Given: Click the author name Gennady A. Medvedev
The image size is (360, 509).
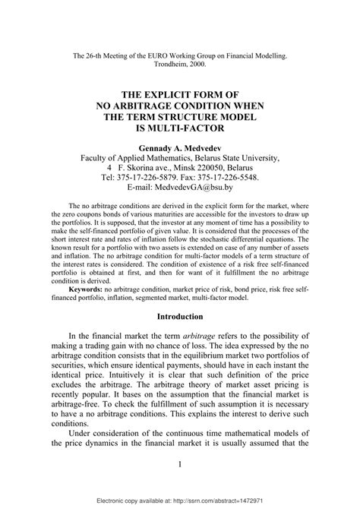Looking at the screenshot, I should [x=179, y=147].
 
